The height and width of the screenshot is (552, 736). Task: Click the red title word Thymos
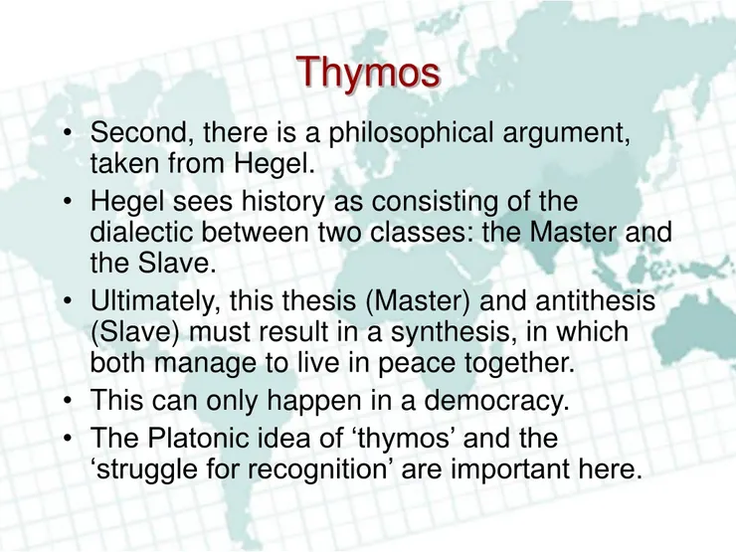pos(368,72)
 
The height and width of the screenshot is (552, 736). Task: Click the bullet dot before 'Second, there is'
pos(67,133)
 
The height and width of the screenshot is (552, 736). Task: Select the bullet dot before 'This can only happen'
pos(67,402)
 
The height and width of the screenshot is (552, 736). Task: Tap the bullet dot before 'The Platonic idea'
pos(67,440)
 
